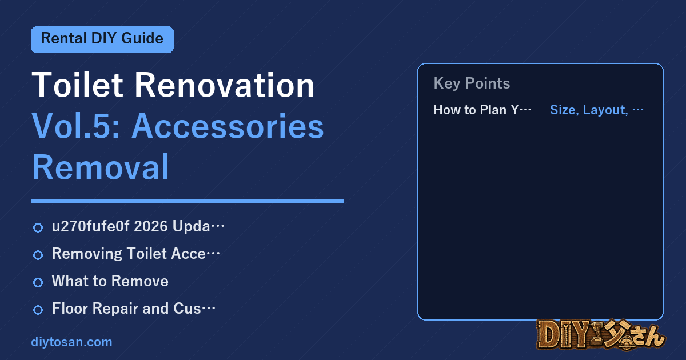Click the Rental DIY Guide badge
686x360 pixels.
(x=102, y=39)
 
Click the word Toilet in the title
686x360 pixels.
(x=77, y=85)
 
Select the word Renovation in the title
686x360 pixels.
(x=225, y=85)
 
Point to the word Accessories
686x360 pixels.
(x=228, y=126)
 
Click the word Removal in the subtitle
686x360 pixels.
(x=101, y=167)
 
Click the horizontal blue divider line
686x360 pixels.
(x=187, y=201)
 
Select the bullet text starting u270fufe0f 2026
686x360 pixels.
(x=138, y=226)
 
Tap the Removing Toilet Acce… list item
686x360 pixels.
(x=136, y=254)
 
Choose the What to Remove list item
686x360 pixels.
(x=110, y=281)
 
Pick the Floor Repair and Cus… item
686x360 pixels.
(x=134, y=308)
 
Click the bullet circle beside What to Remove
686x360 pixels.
(x=38, y=282)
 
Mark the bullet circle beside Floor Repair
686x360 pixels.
(x=38, y=310)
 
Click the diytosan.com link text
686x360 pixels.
(x=71, y=342)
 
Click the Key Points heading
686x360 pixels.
(x=472, y=83)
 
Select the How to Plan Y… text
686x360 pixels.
(x=482, y=110)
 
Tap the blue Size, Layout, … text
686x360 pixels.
(x=597, y=110)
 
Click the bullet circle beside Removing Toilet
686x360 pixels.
(x=38, y=255)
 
